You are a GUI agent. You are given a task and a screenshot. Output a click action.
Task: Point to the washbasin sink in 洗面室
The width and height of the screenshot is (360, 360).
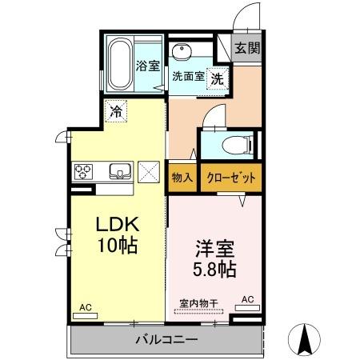pos(182,52)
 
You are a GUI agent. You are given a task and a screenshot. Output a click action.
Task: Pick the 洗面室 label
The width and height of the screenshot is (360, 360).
pos(189,78)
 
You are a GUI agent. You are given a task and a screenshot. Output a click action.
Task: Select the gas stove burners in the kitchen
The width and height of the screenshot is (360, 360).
pos(84,170)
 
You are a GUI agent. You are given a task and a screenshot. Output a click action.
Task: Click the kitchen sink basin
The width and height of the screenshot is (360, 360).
pos(119,170)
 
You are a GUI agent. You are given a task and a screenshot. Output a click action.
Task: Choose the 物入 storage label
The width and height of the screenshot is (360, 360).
pos(182,178)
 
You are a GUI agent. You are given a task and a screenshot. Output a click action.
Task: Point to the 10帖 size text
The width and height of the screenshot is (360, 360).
pos(118,244)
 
